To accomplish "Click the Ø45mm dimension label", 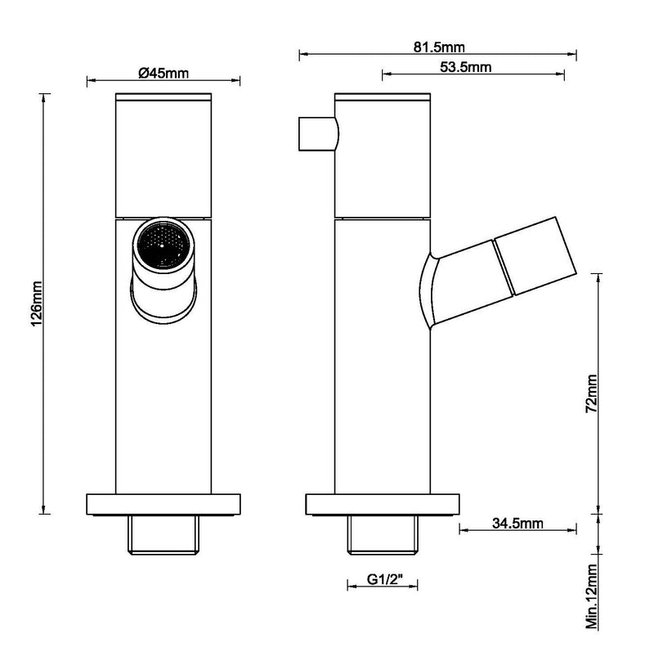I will coord(163,73).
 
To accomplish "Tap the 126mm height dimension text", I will coord(34,304).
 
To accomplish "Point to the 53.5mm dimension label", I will coord(465,67).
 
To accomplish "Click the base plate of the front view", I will coord(164,504).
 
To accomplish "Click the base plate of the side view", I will coord(383,504).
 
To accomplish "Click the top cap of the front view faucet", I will coord(164,98).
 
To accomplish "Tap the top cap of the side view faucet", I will coord(383,98).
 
